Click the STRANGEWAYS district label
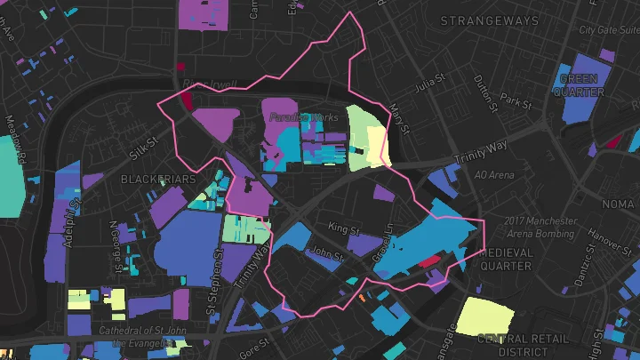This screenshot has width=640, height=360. (490, 20)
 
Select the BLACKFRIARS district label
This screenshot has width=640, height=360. (157, 180)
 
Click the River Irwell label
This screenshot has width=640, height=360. (209, 85)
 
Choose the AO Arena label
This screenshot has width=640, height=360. (494, 175)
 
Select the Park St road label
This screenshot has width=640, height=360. (515, 100)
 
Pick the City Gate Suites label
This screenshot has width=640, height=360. (609, 29)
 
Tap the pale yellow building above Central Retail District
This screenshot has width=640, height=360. (484, 317)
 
